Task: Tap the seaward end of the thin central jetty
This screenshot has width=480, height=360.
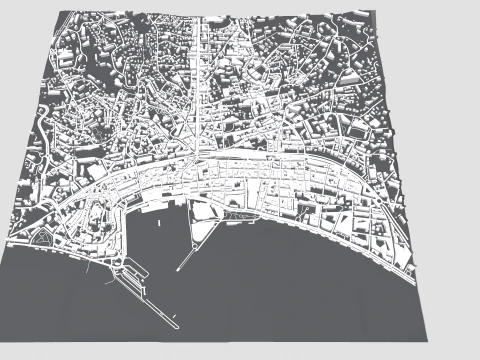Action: pyautogui.click(x=178, y=270)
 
